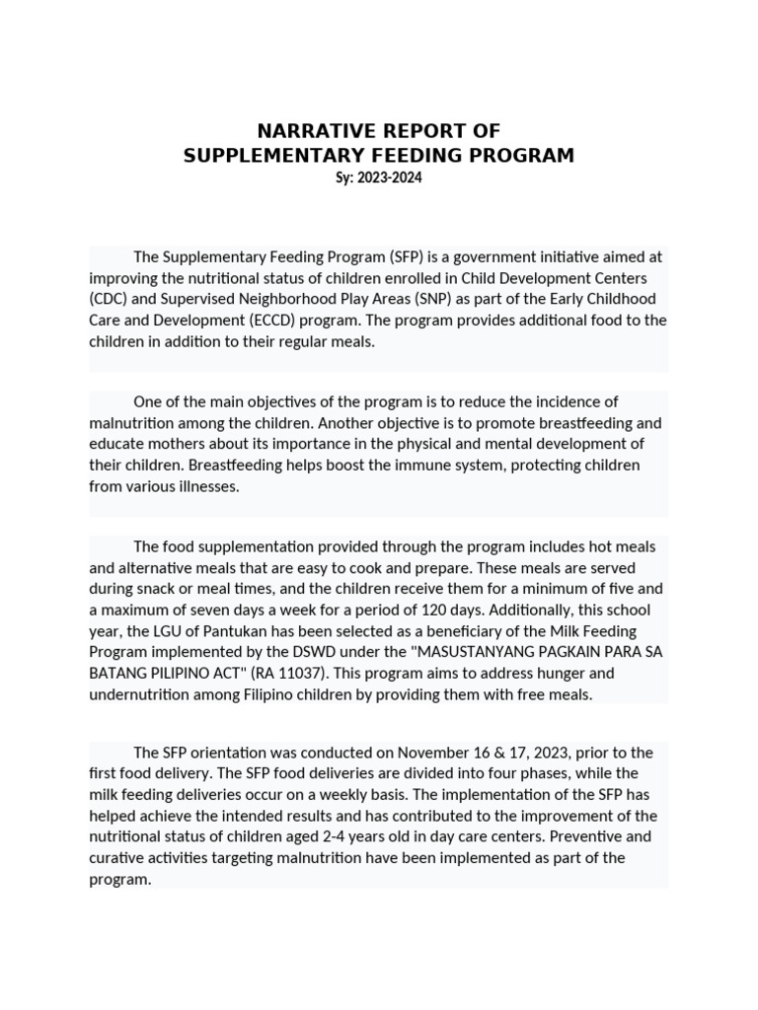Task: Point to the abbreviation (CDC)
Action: click(x=109, y=299)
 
